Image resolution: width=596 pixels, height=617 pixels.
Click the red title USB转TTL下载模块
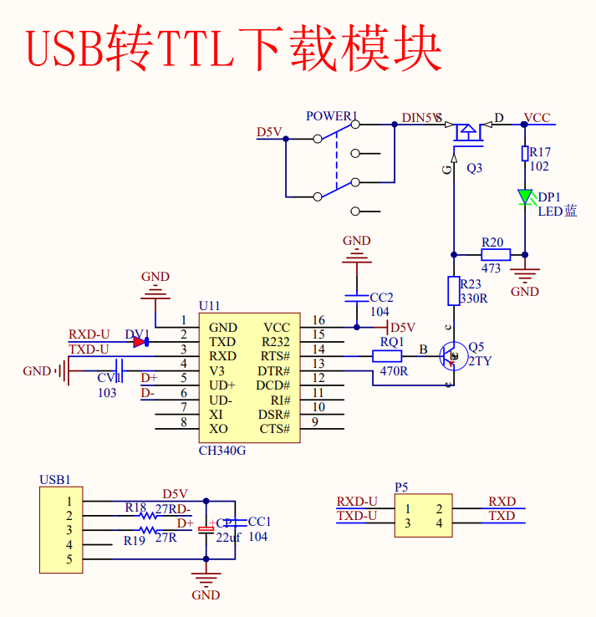234,49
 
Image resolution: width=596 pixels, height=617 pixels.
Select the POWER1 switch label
331,116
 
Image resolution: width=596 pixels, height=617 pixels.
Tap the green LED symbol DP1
525,197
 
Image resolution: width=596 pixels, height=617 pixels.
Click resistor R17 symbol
525,153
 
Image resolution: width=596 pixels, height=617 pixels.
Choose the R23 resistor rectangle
454,291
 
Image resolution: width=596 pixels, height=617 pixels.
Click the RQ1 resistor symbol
387,356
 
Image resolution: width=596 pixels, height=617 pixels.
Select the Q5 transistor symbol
453,356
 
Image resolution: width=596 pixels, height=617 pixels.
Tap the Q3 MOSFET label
474,168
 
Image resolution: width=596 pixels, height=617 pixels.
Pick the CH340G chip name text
222,451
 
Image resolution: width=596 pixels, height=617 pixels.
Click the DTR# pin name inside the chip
274,371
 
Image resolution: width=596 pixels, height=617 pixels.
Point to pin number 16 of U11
318,320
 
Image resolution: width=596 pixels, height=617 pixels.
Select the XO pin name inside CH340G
218,429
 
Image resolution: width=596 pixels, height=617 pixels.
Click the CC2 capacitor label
381,298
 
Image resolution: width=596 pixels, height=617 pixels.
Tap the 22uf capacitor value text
228,538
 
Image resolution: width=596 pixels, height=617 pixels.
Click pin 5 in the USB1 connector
69,559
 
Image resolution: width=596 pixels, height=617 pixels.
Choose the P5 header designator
401,487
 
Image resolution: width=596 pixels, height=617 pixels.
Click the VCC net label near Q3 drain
537,118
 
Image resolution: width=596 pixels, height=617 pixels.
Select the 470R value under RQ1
393,371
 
